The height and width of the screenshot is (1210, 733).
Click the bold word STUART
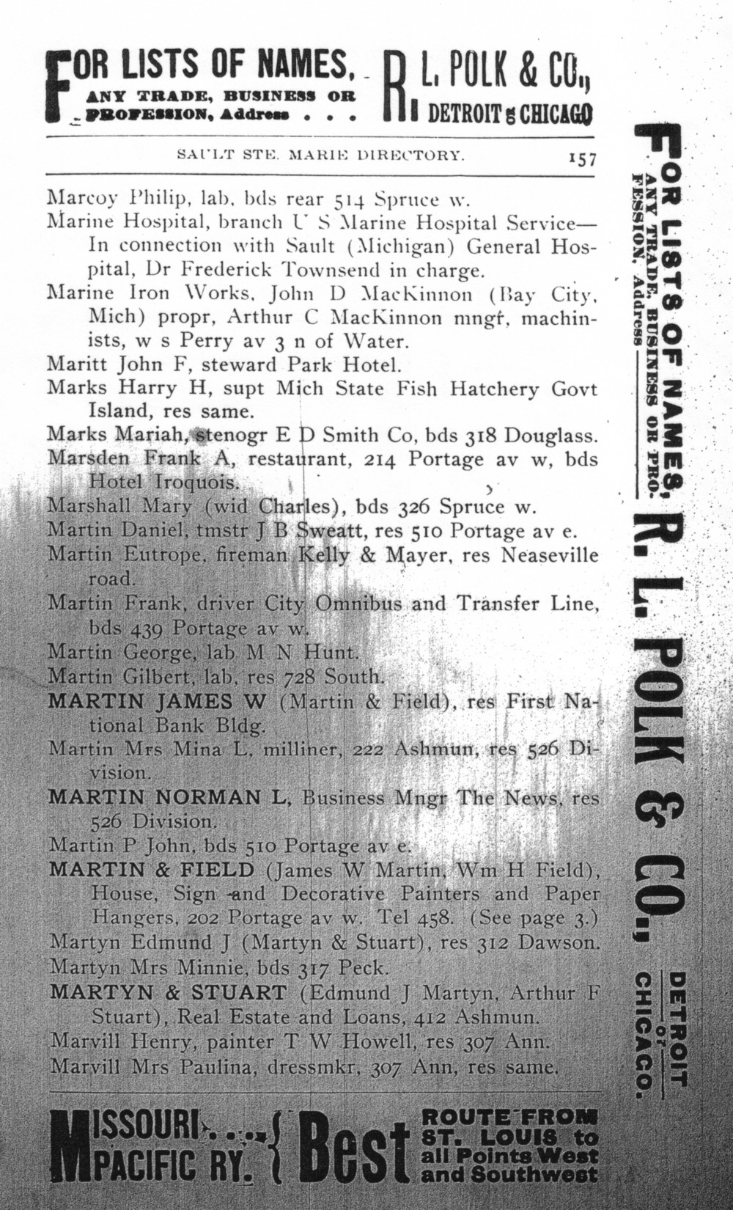click(x=247, y=993)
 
